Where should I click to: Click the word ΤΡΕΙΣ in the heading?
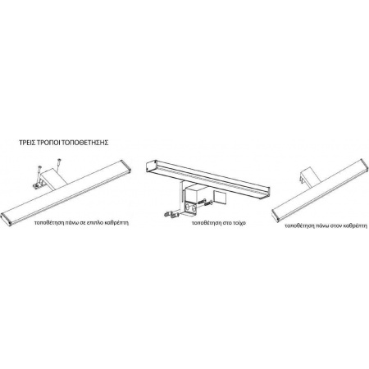point(27,143)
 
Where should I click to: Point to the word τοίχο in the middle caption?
point(239,223)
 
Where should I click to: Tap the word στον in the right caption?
point(335,226)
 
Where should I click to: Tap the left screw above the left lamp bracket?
point(39,171)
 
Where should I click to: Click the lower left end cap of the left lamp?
point(6,218)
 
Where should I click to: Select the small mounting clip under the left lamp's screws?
point(36,185)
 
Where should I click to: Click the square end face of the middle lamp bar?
point(151,166)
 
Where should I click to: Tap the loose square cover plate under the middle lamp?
point(219,197)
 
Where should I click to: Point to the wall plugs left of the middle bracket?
point(170,215)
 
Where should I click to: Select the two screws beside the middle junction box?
point(206,202)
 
